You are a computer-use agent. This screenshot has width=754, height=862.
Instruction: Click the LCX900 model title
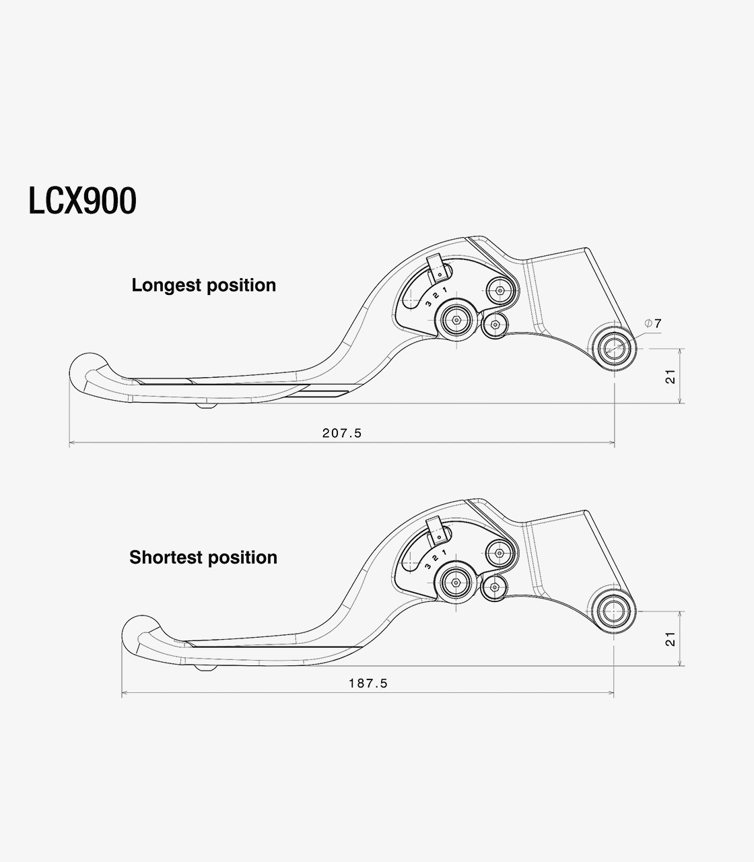83,201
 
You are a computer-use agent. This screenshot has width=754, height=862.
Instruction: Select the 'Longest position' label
204,286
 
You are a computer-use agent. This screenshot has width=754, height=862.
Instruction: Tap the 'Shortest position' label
203,558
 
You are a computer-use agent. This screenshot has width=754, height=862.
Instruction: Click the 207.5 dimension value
342,433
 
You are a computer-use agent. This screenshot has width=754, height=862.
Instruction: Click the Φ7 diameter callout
653,323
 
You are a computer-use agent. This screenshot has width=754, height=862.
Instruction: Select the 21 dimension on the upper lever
670,376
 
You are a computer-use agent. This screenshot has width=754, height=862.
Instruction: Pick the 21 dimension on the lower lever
670,638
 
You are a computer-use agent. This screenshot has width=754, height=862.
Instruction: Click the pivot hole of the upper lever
614,348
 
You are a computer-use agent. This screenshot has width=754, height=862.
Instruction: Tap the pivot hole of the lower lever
613,611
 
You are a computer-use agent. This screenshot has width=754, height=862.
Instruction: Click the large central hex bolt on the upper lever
456,320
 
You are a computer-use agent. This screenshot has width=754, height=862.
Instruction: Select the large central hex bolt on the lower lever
456,583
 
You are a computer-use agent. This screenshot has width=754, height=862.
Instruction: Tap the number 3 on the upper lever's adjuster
428,303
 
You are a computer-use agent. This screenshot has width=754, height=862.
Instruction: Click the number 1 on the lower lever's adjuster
444,552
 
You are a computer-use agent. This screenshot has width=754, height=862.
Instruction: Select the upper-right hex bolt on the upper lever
500,290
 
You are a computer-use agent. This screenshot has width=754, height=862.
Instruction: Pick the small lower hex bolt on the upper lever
495,325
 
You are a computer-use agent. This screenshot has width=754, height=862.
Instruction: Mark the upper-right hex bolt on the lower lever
500,553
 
